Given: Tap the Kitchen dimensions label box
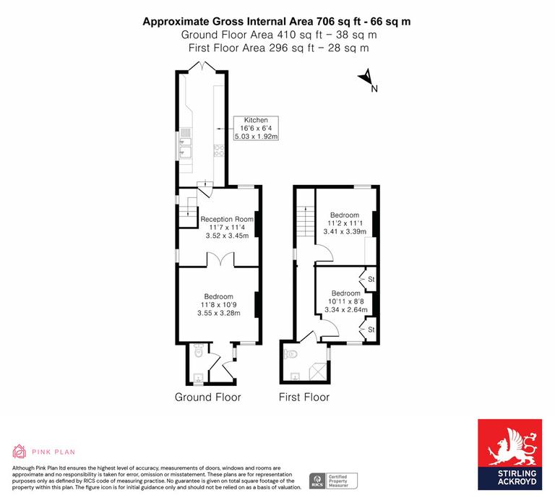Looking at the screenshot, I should pos(255,128).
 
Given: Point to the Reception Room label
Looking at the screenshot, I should pos(227,219).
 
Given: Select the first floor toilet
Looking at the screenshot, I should pos(291,354).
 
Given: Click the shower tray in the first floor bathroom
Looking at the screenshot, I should pos(315,371).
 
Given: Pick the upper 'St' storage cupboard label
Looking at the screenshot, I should pos(371,279).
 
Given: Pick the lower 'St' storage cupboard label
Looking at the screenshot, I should pos(371,330).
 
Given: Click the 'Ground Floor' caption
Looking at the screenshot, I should pos(208,397).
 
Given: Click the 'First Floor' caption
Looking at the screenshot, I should pos(304,397).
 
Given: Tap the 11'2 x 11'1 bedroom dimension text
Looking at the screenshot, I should pos(345,223).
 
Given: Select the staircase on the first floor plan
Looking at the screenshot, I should pos(305,217).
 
